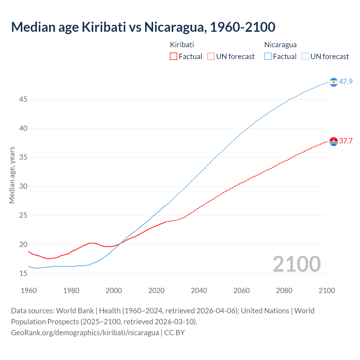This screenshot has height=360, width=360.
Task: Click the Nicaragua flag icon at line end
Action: click(x=334, y=82)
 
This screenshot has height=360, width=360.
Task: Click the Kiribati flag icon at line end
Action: click(x=334, y=141)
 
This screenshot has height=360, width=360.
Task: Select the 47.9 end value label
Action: click(x=346, y=82)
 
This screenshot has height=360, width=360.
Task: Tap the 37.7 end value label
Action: click(x=346, y=141)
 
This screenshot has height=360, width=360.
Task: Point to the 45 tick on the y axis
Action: click(x=23, y=99)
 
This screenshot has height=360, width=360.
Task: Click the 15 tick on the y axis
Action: click(x=23, y=273)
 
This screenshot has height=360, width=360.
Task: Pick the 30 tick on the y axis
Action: click(x=23, y=186)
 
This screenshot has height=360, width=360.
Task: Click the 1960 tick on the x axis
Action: click(x=29, y=291)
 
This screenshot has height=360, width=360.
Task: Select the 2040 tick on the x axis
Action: click(x=199, y=291)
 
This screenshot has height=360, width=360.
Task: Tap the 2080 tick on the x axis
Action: click(x=284, y=291)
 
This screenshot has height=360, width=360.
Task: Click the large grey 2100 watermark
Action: click(x=296, y=264)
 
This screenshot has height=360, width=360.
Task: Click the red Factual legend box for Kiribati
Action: click(x=174, y=57)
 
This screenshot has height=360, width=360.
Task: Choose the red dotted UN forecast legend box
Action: click(x=211, y=57)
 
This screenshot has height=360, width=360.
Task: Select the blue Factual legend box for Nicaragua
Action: click(x=268, y=57)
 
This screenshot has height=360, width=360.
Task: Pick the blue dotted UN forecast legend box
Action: click(x=305, y=57)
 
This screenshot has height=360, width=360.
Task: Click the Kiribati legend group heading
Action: click(x=182, y=45)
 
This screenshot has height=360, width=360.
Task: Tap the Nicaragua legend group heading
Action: click(x=280, y=45)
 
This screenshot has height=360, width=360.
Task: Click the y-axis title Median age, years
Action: click(x=12, y=175)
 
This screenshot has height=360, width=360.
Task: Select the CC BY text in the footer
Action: click(x=174, y=333)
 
